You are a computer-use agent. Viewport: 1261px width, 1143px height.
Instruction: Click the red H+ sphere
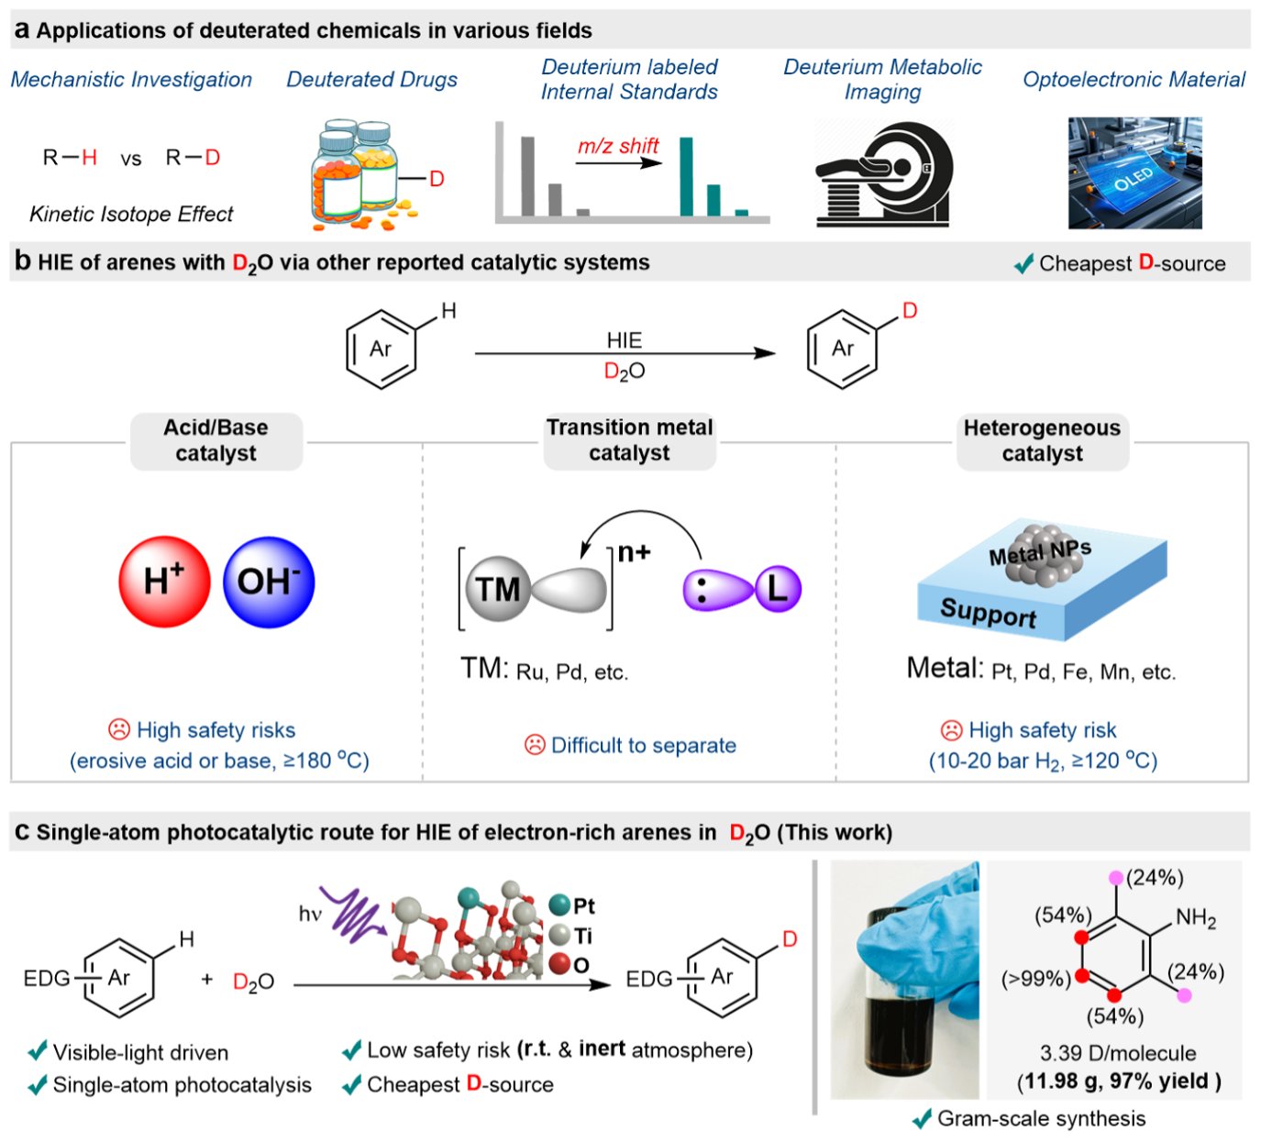[165, 582]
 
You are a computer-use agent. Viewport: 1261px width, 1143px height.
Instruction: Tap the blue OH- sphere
[269, 582]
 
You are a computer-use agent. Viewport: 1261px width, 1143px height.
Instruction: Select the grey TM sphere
[498, 589]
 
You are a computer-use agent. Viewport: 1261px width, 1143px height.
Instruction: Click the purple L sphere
[779, 589]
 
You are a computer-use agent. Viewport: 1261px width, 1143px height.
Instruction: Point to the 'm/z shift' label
[618, 146]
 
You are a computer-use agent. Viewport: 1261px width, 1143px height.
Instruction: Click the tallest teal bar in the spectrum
[687, 177]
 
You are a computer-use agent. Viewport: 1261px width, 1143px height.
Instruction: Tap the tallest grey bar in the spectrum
[528, 177]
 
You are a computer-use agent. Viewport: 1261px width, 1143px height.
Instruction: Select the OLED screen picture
[1135, 173]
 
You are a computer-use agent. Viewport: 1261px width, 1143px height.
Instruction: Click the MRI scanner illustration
[883, 174]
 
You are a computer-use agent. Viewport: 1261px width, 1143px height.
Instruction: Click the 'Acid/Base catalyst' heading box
[216, 441]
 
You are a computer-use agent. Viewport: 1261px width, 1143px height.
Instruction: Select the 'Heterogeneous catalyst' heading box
[1042, 441]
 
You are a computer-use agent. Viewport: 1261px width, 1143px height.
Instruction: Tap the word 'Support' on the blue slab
[989, 612]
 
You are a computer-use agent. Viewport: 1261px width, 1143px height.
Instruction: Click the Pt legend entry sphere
[559, 905]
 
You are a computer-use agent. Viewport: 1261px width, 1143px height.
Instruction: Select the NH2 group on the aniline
[1196, 918]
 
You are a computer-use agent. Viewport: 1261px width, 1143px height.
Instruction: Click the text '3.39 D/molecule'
[1118, 1053]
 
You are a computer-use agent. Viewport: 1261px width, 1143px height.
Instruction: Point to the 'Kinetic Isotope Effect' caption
[131, 214]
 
